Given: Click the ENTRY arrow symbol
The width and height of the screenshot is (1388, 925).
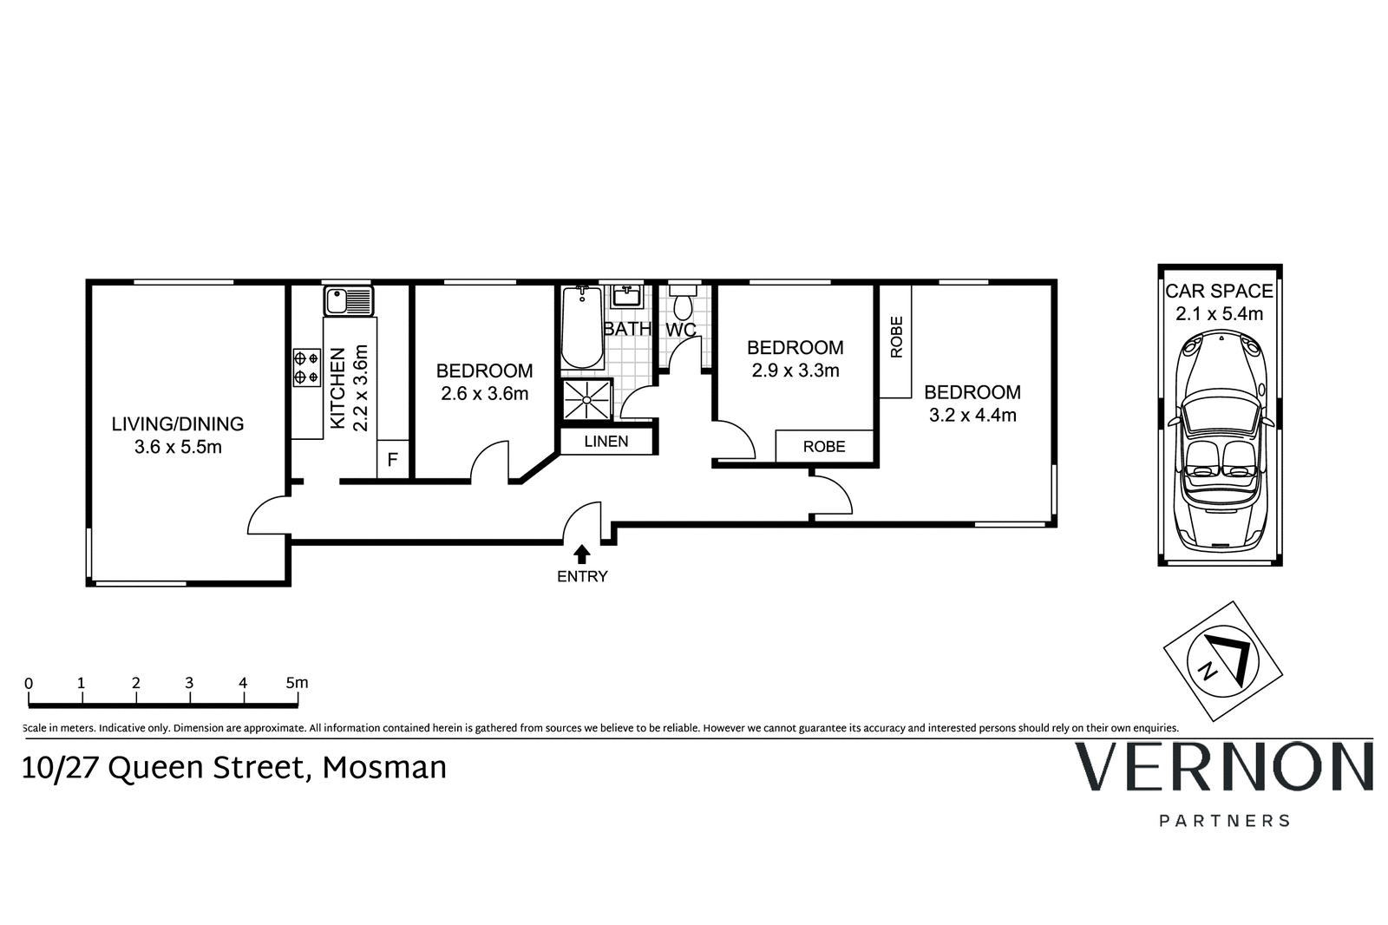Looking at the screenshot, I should point(582,554).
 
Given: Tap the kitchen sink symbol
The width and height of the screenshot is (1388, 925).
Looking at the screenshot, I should point(349,302).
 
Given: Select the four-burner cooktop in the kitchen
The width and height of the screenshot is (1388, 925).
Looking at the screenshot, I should point(306,366).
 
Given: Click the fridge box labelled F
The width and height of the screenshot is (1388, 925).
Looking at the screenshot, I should point(392,460).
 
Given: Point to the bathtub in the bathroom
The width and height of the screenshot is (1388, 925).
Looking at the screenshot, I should point(582,329).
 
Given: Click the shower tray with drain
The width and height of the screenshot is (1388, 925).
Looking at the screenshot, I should point(587,399).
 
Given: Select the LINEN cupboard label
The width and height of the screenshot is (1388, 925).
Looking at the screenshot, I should point(606,442).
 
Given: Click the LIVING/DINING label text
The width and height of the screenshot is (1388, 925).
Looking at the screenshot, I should point(178,424).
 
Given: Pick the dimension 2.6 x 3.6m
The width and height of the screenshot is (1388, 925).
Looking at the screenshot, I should point(485,394).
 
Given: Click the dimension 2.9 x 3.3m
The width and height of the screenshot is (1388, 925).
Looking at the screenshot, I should point(795,371).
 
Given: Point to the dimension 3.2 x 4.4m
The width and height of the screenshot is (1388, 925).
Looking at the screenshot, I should point(972,415).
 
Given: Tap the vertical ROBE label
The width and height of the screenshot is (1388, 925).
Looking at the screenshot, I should point(896,337).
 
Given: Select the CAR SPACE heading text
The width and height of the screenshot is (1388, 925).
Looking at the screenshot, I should point(1219,292).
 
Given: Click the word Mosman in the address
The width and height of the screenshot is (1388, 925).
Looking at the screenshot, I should point(384,768).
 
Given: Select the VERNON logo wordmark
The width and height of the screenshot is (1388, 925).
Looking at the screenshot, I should point(1224,767).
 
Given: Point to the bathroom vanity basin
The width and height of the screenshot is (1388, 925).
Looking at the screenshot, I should point(626,297).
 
